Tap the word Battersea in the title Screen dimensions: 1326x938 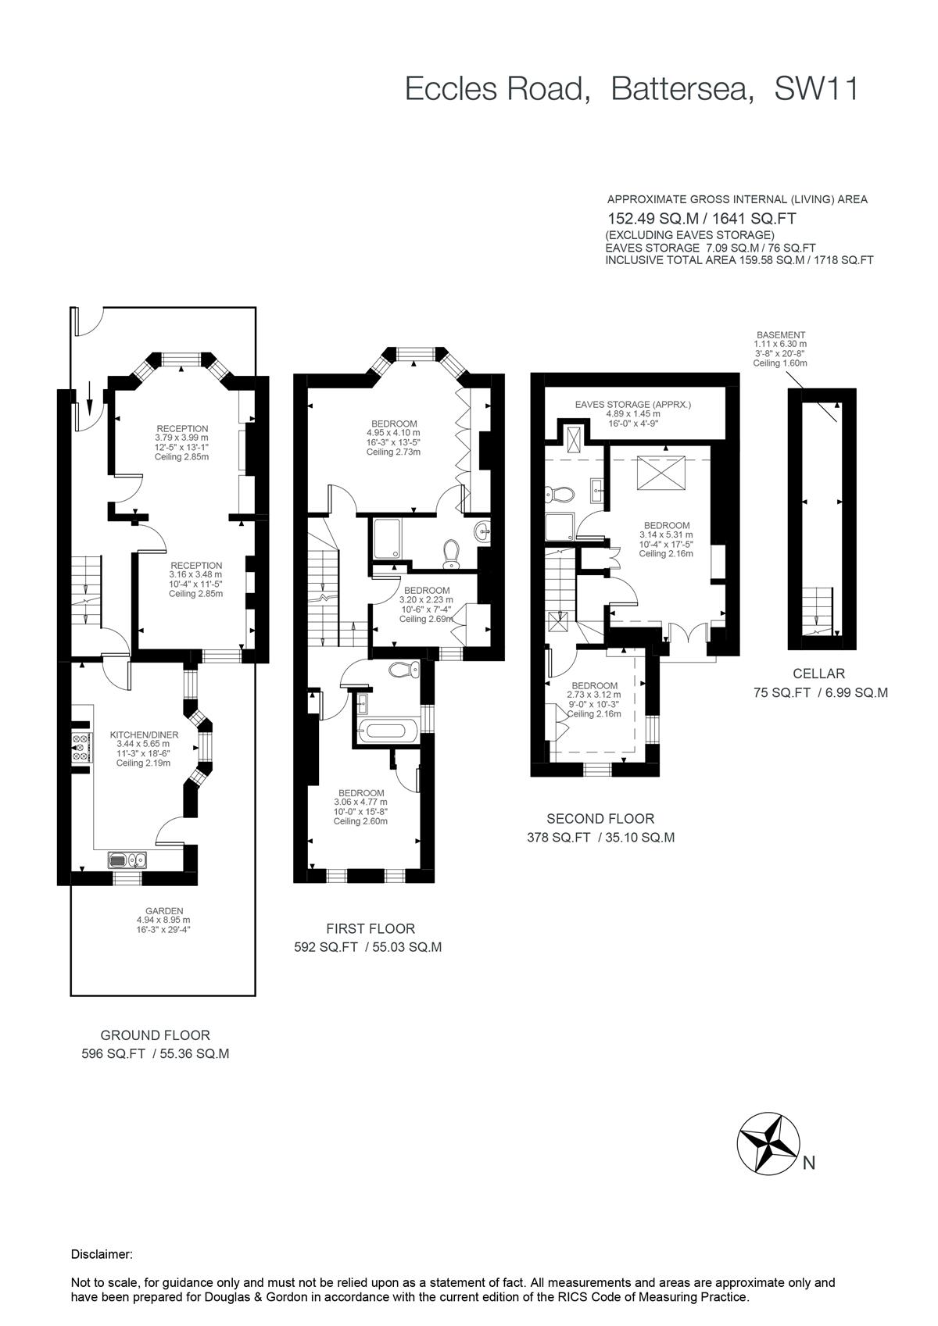tap(682, 89)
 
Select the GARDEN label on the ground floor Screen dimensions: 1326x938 tap(164, 911)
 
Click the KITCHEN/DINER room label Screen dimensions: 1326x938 tap(145, 734)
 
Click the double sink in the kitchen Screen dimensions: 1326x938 tap(127, 860)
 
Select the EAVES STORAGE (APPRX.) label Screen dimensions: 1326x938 tap(633, 404)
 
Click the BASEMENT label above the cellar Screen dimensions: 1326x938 tap(780, 335)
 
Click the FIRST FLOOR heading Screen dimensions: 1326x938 tap(371, 928)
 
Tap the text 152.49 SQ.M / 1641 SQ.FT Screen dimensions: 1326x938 tap(702, 220)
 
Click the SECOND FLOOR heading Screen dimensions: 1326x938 tap(600, 819)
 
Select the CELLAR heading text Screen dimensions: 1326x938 tap(818, 673)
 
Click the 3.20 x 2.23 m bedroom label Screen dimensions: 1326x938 tap(427, 590)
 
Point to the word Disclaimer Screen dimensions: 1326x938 tap(102, 1255)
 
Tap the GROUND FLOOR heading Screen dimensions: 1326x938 tap(155, 1035)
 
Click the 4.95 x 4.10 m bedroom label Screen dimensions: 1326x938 tap(393, 424)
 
